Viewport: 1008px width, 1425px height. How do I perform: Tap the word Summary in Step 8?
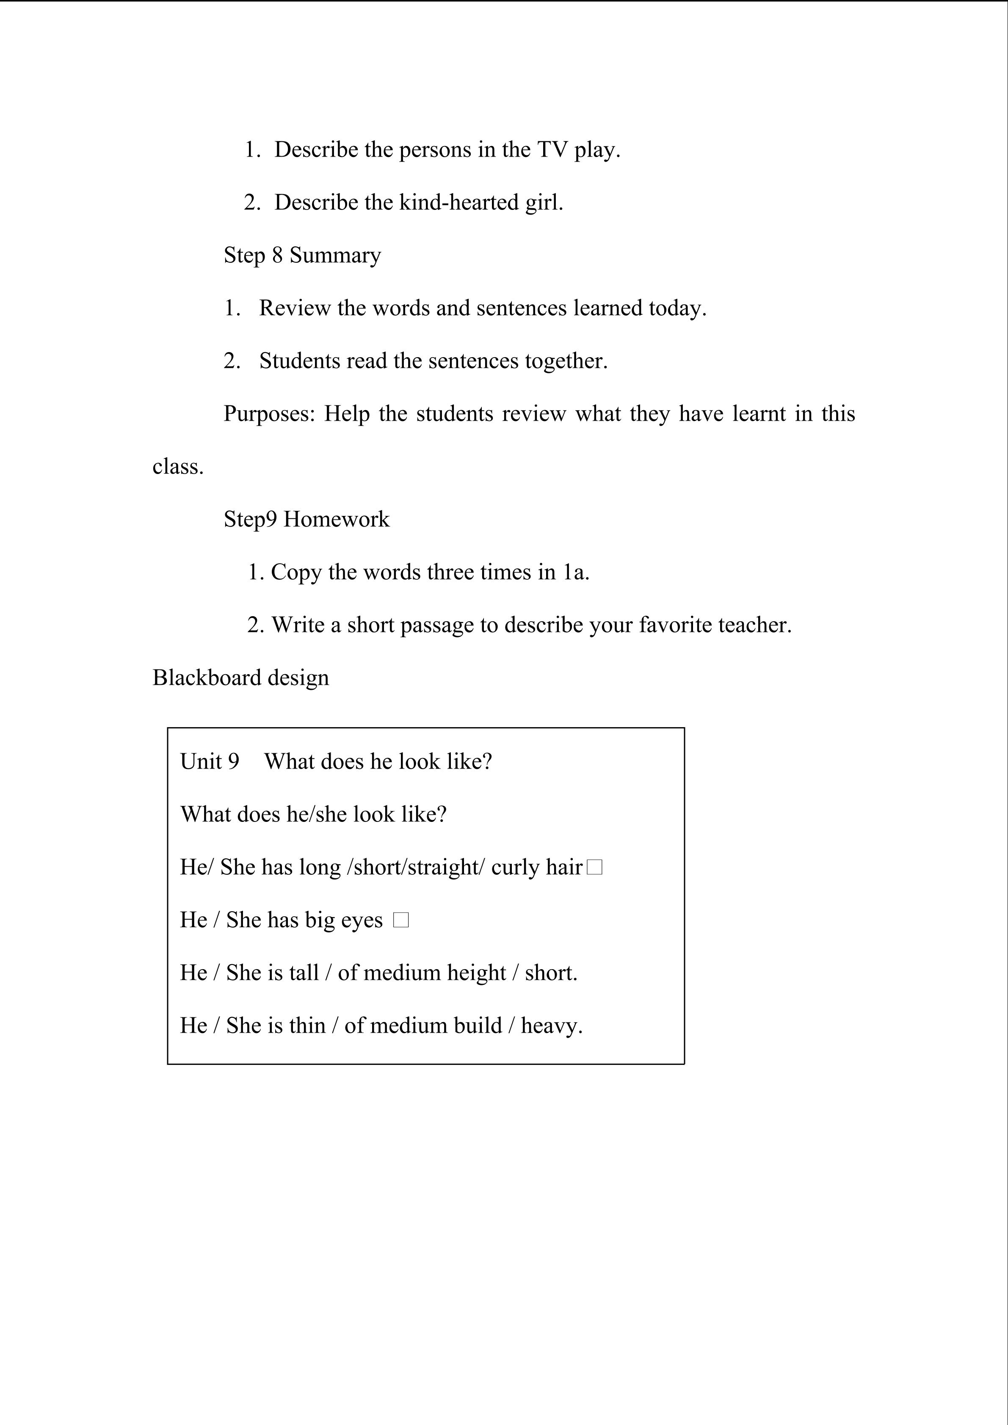335,256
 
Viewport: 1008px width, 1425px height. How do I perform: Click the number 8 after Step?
277,255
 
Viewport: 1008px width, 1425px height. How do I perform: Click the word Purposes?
269,414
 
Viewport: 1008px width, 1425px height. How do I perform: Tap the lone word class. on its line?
178,467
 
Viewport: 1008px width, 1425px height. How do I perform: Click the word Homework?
337,519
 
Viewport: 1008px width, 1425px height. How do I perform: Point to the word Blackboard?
207,678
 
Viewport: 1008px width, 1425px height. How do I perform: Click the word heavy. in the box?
552,1026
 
